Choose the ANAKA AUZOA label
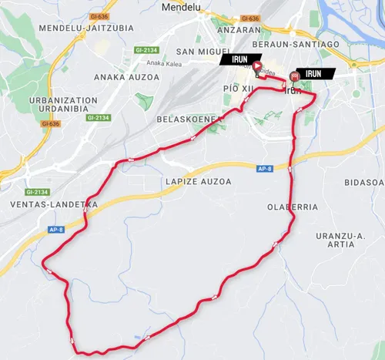[126, 77]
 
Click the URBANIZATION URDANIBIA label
[62, 106]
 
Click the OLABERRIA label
[292, 207]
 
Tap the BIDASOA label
[364, 182]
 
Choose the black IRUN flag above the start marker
[236, 59]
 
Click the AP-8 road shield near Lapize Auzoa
[265, 168]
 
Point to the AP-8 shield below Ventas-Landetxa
[55, 230]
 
